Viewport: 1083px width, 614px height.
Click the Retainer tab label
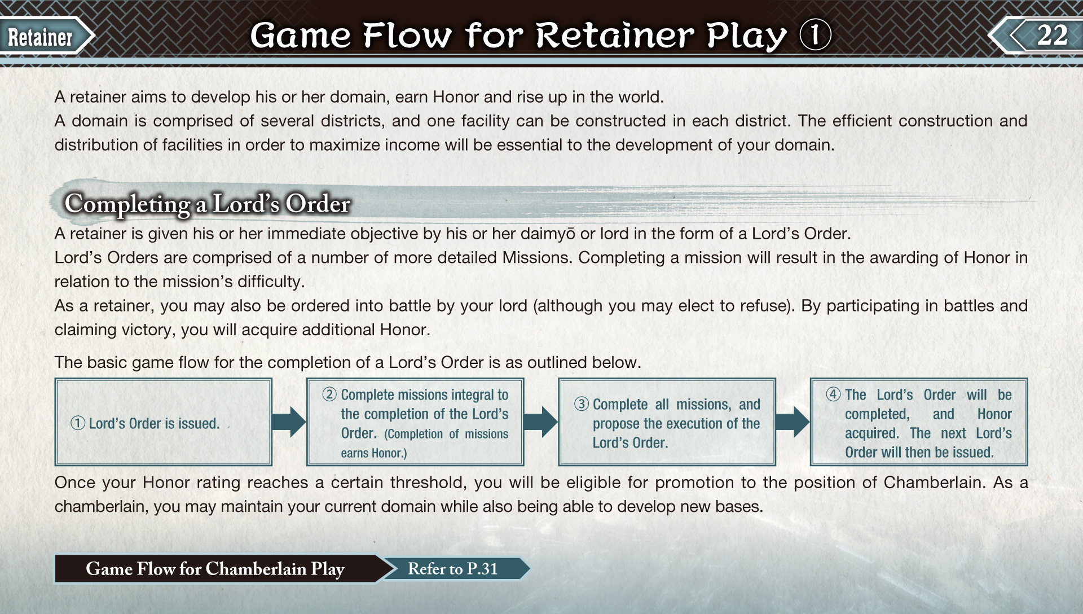pyautogui.click(x=40, y=37)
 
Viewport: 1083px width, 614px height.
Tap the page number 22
pyautogui.click(x=1052, y=35)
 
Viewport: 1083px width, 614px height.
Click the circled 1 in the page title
pyautogui.click(x=816, y=34)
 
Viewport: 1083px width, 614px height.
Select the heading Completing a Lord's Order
pyautogui.click(x=207, y=204)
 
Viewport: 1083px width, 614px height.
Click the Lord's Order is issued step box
pyautogui.click(x=163, y=422)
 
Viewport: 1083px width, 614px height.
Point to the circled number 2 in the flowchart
pyautogui.click(x=329, y=394)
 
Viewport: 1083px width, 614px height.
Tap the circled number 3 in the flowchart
pyautogui.click(x=582, y=404)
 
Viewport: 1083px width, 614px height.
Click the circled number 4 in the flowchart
pyautogui.click(x=833, y=394)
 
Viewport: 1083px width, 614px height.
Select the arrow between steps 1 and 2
pyautogui.click(x=289, y=422)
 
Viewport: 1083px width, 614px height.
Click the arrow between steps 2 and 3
pyautogui.click(x=540, y=422)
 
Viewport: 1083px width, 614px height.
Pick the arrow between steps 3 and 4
pyautogui.click(x=793, y=422)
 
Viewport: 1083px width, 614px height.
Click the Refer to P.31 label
pyautogui.click(x=452, y=569)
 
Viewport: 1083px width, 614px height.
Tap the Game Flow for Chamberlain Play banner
pyautogui.click(x=215, y=569)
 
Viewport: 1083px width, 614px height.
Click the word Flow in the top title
pyautogui.click(x=407, y=35)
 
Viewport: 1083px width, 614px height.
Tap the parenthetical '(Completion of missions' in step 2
pyautogui.click(x=446, y=434)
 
